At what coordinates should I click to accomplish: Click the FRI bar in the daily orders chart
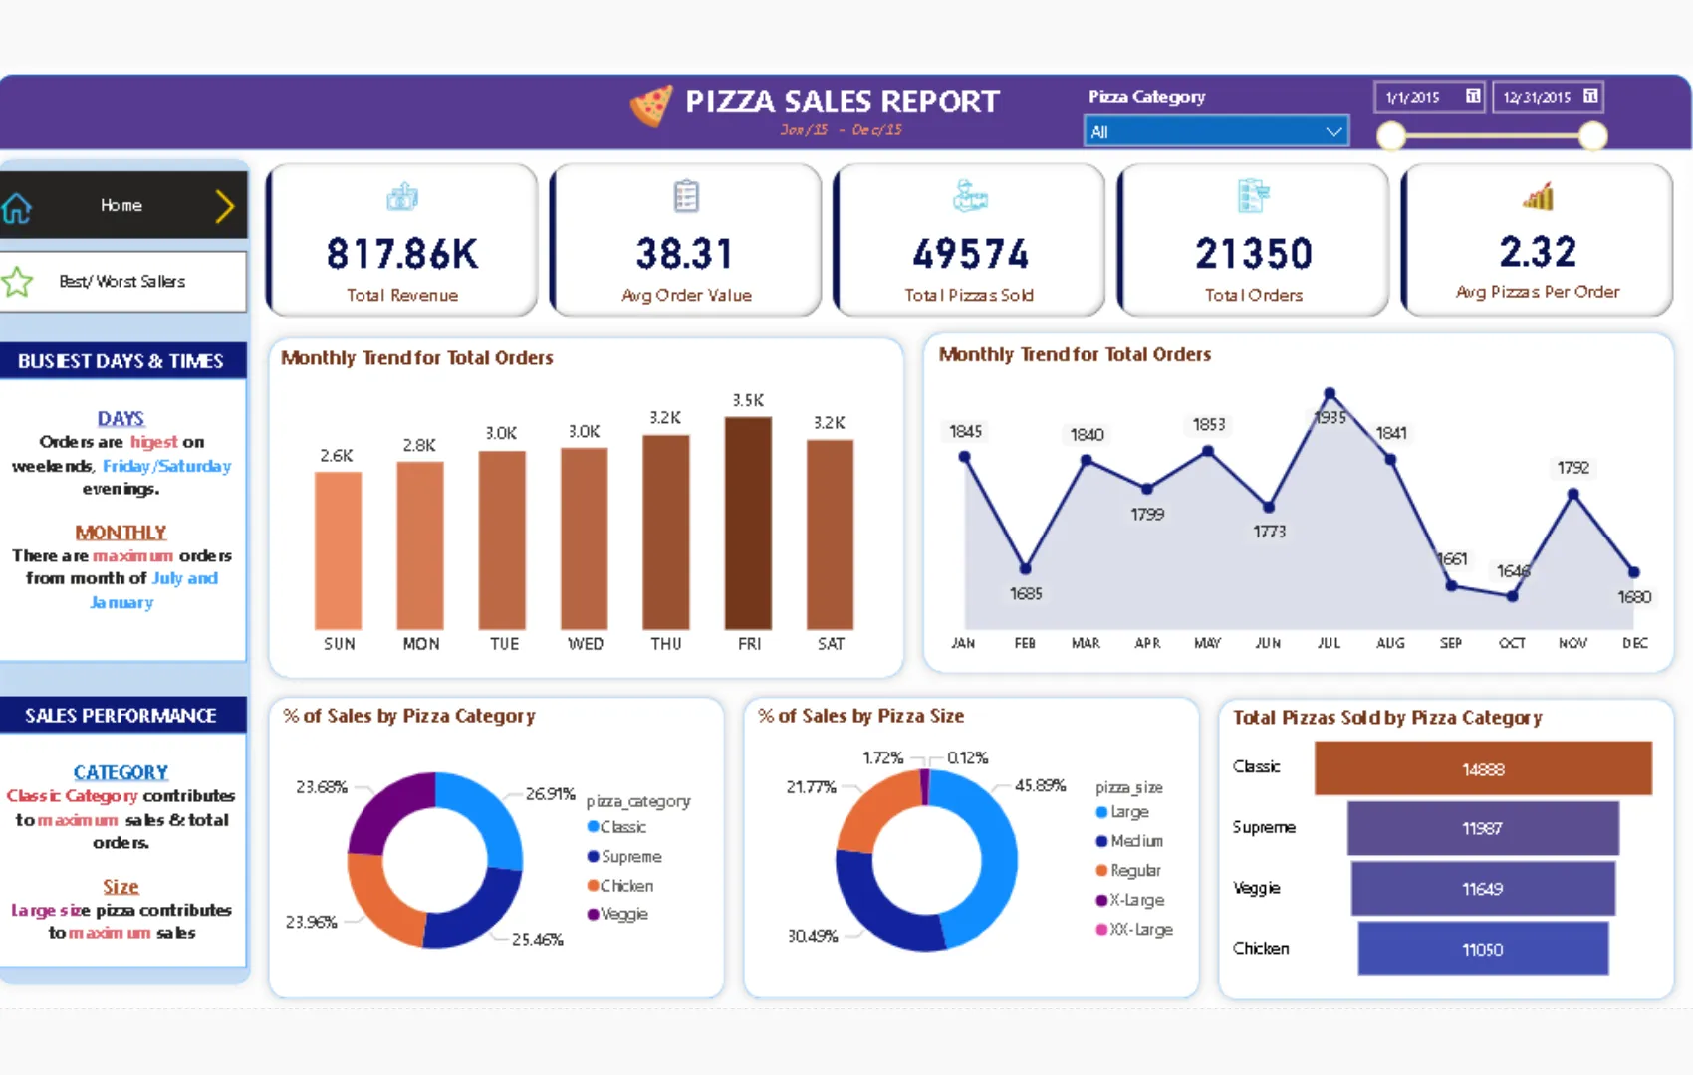coord(748,524)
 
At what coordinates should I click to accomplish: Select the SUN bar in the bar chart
coord(338,550)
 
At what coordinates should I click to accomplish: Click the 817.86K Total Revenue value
coord(402,254)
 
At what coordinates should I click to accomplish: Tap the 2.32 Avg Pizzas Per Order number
coord(1538,252)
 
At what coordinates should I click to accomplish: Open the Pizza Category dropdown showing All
coord(1216,131)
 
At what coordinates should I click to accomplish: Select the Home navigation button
coord(121,205)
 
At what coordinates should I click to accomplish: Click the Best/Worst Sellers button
coord(121,282)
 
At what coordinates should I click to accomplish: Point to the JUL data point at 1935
coord(1329,394)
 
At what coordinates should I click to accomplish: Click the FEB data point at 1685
coord(1025,568)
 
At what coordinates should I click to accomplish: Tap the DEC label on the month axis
coord(1634,643)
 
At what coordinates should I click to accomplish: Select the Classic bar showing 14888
coord(1483,768)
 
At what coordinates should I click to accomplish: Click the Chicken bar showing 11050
coord(1483,949)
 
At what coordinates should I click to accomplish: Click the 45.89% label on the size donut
coord(1040,785)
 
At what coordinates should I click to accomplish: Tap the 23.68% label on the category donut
coord(321,787)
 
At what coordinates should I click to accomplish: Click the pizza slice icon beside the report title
coord(651,105)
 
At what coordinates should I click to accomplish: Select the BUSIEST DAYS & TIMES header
coord(121,361)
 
